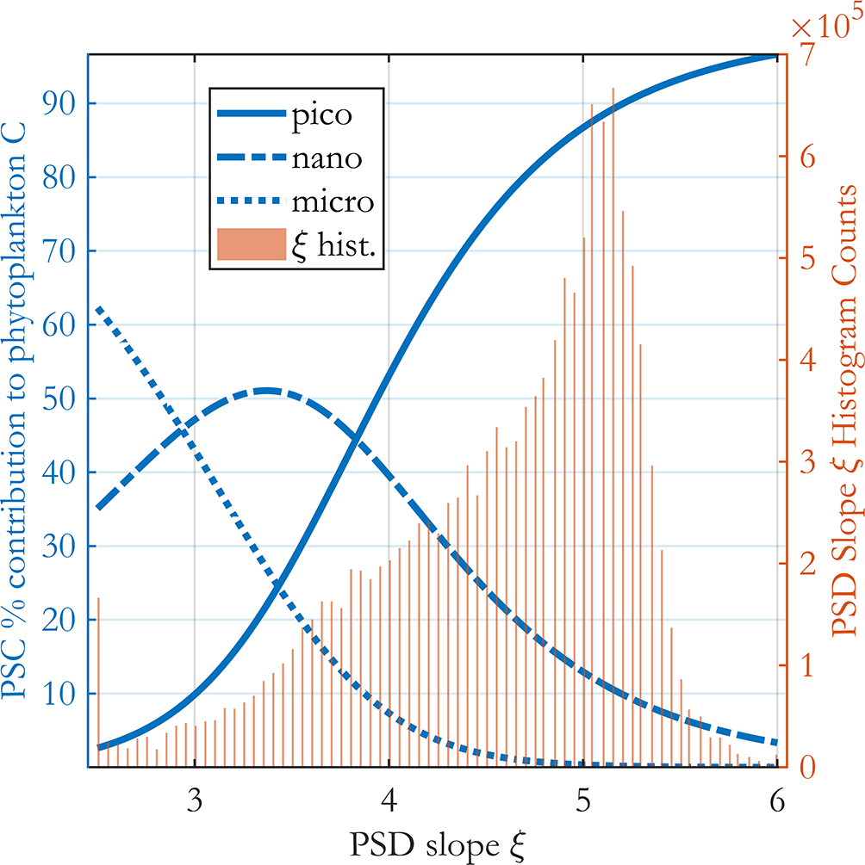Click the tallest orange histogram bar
point(613,344)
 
